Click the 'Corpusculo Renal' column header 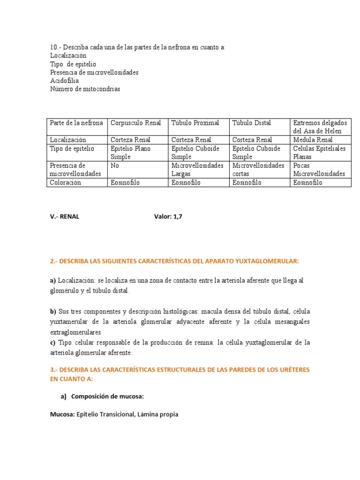(135, 123)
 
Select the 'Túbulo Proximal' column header (195, 123)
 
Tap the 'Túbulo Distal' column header (251, 123)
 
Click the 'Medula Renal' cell (313, 140)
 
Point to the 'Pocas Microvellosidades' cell (319, 170)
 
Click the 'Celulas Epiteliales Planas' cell (319, 153)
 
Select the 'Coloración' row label (65, 182)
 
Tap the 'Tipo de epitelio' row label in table (72, 149)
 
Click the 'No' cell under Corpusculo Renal (115, 165)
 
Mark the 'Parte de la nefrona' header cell (76, 123)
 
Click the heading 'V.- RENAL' (65, 217)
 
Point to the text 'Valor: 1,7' (168, 217)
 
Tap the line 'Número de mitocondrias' (85, 89)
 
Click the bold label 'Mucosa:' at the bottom (62, 414)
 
